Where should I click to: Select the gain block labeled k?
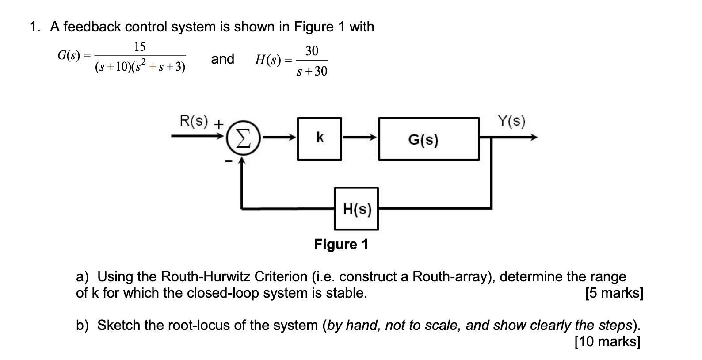(x=320, y=138)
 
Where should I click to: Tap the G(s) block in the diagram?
(x=428, y=139)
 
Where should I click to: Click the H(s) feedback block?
(x=356, y=209)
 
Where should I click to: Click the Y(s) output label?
(x=511, y=120)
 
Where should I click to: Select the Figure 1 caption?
(x=341, y=244)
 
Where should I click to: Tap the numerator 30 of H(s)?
(x=312, y=51)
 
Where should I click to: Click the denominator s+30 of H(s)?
(x=312, y=72)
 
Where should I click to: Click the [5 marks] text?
(x=614, y=293)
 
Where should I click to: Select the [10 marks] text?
(x=607, y=341)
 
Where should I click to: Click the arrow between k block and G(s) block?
(x=360, y=138)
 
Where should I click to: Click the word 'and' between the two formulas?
(x=222, y=59)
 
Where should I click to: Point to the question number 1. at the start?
(x=35, y=27)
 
